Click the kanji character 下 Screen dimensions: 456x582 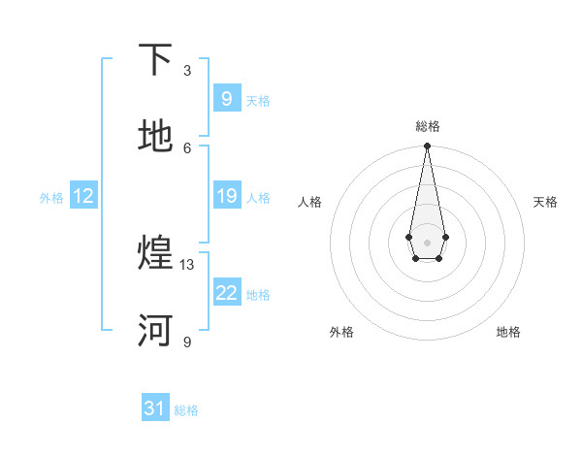click(156, 60)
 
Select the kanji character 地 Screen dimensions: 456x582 click(156, 137)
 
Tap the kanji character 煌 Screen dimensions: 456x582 click(156, 254)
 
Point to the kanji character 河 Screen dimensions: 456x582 click(156, 331)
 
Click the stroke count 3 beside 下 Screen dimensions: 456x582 click(187, 71)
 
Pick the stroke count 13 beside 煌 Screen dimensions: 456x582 click(187, 264)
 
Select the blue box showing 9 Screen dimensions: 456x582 click(226, 99)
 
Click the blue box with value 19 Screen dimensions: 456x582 click(226, 197)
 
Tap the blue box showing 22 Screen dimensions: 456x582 click(226, 293)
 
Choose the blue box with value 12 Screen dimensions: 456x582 click(83, 197)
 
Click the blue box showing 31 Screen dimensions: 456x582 click(155, 409)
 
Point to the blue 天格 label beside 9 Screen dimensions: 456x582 click(258, 101)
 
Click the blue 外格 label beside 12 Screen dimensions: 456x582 click(51, 198)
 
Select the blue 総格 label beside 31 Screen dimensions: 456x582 click(186, 410)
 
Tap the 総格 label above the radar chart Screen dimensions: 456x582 click(427, 126)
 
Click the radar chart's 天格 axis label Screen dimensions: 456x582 click(545, 202)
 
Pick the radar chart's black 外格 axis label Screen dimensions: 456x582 click(341, 332)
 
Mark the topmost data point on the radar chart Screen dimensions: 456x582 click(427, 147)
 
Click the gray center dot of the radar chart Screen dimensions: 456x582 click(427, 241)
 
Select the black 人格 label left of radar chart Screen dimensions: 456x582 click(310, 202)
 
